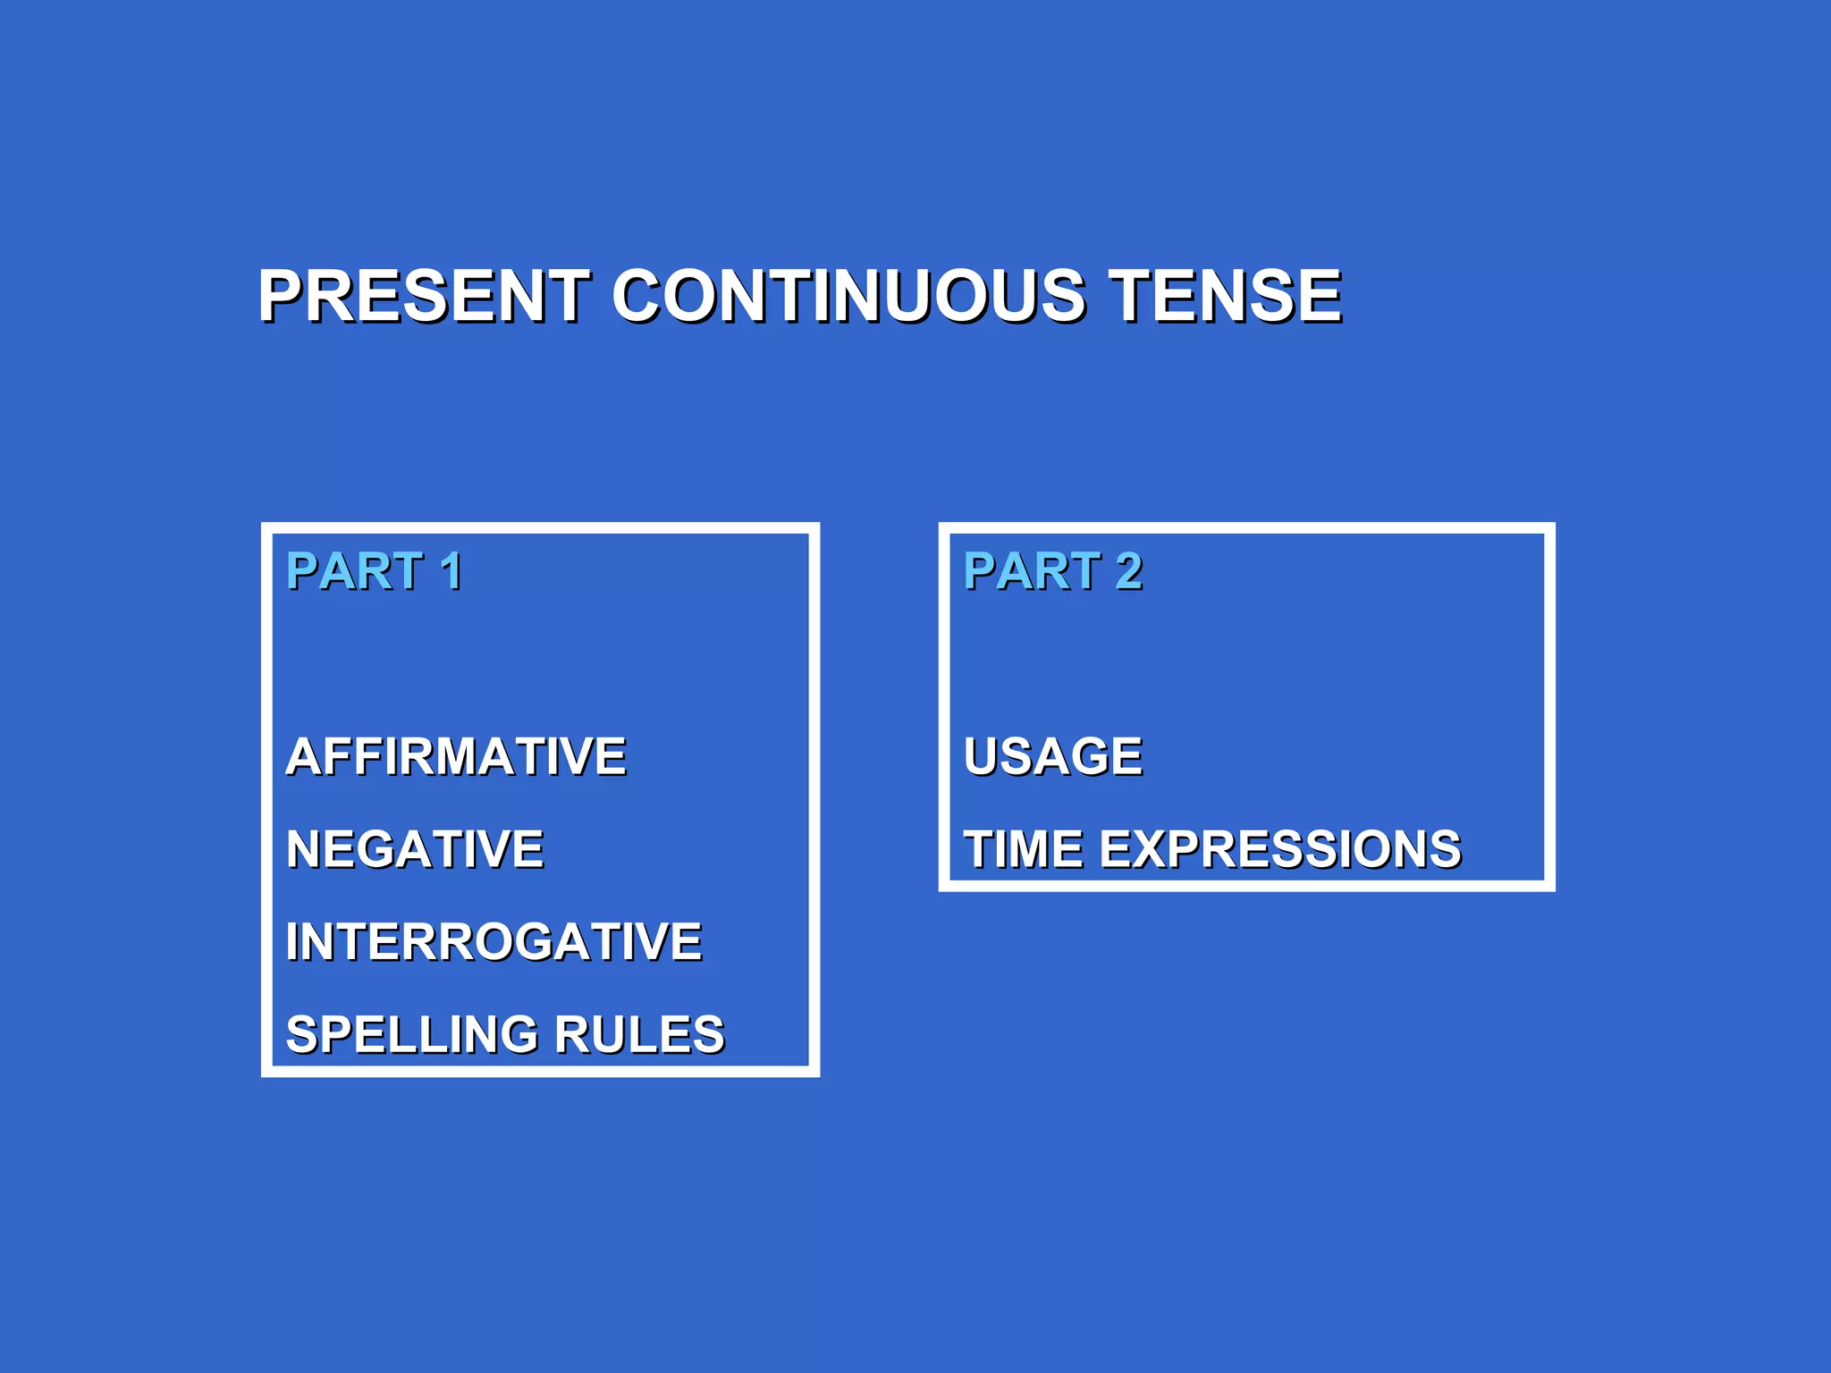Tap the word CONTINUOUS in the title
click(x=848, y=296)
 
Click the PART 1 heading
click(x=374, y=571)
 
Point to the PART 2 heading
click(x=1052, y=571)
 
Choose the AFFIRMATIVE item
click(x=456, y=756)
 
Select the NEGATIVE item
click(x=415, y=849)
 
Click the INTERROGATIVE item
click(x=494, y=941)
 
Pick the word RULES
click(x=639, y=1034)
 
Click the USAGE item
click(x=1053, y=756)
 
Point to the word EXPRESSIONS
click(x=1280, y=849)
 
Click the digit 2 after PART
click(x=1128, y=571)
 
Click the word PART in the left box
click(x=354, y=571)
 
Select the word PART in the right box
click(x=1032, y=571)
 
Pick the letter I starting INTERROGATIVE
click(x=292, y=941)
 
